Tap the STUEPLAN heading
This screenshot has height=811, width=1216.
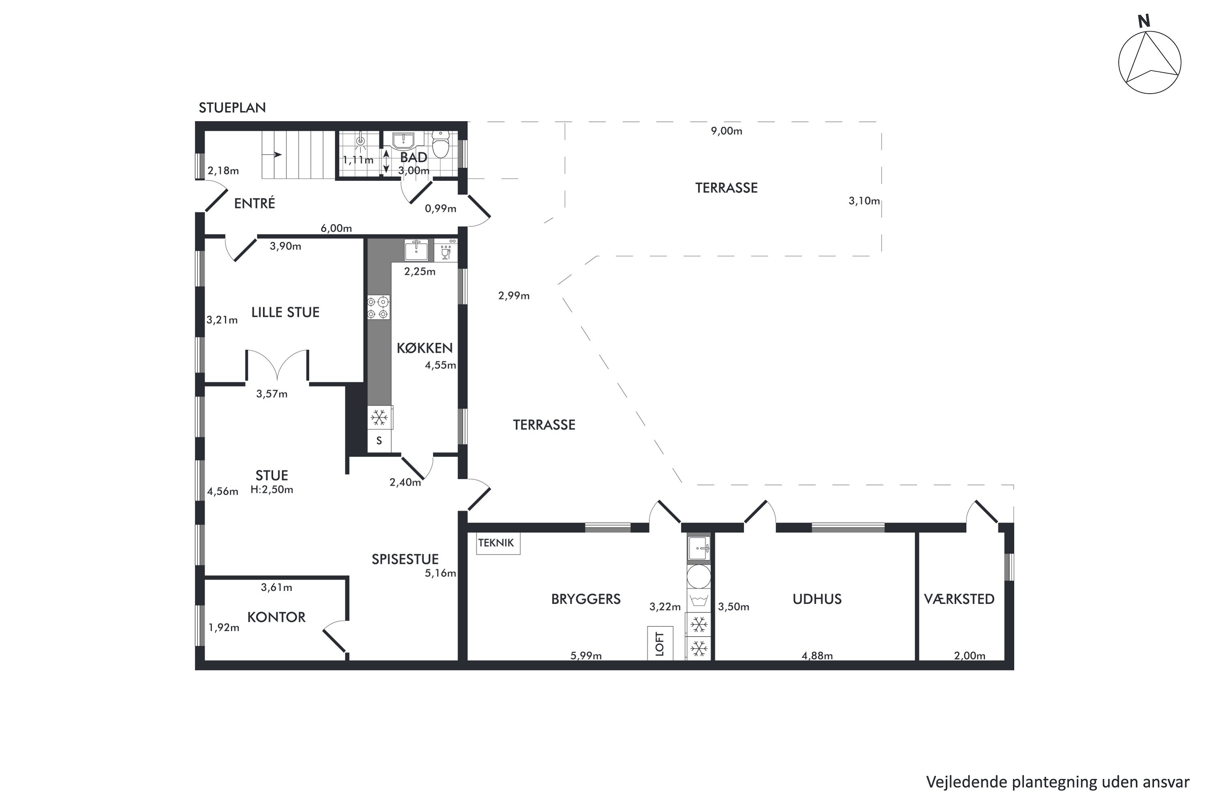(x=232, y=107)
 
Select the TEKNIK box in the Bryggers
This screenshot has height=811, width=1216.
(x=497, y=543)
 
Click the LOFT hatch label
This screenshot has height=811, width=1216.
(x=660, y=644)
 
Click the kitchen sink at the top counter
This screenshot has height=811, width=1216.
(x=416, y=250)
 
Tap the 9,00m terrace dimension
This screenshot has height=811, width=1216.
(x=726, y=131)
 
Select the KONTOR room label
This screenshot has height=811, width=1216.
(x=276, y=617)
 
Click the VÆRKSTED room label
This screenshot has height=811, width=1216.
(x=959, y=599)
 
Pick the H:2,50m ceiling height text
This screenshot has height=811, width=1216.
(x=272, y=489)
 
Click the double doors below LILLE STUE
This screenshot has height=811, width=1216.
(x=277, y=365)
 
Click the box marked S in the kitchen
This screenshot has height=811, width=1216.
(x=379, y=441)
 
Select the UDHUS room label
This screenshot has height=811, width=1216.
(x=817, y=599)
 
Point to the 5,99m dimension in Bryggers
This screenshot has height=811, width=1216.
(x=586, y=656)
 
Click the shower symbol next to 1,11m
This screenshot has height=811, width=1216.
(x=360, y=140)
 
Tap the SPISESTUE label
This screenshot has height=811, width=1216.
(x=405, y=559)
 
